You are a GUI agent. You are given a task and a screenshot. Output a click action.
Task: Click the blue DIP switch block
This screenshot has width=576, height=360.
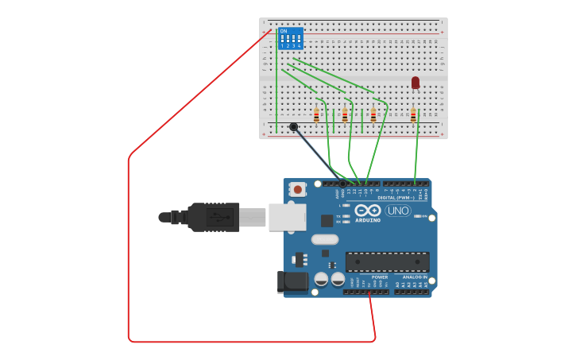coord(290,39)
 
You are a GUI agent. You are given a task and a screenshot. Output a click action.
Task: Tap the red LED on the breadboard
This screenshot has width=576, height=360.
coord(416,82)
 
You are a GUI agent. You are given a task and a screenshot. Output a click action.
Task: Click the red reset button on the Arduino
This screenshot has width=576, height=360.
coord(298,188)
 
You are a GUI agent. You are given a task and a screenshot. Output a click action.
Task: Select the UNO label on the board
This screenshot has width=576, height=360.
coord(397,211)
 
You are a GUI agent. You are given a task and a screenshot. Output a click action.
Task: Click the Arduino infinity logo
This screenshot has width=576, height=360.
coord(367,211)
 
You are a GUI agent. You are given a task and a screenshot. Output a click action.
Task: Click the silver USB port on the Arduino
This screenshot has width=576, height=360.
coord(286,217)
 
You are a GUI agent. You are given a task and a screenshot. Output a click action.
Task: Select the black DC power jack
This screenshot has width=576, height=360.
coord(292,281)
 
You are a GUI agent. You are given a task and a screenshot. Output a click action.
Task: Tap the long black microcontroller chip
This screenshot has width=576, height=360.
coord(387,261)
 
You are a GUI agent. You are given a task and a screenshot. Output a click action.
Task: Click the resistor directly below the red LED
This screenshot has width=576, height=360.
coord(413,115)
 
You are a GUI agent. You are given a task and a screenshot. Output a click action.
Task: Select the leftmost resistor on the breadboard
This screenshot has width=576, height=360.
coord(316,115)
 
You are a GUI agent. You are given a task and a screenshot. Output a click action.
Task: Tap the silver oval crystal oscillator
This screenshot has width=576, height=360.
coord(324,239)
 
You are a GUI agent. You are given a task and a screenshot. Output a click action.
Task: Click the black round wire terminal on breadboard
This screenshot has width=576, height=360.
coord(293,127)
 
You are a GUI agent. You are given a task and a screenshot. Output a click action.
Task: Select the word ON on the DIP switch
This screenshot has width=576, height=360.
coord(284,31)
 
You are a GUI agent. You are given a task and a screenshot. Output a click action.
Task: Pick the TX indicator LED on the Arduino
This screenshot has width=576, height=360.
coord(346,216)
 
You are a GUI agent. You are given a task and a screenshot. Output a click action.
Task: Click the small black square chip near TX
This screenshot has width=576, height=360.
coord(327,221)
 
